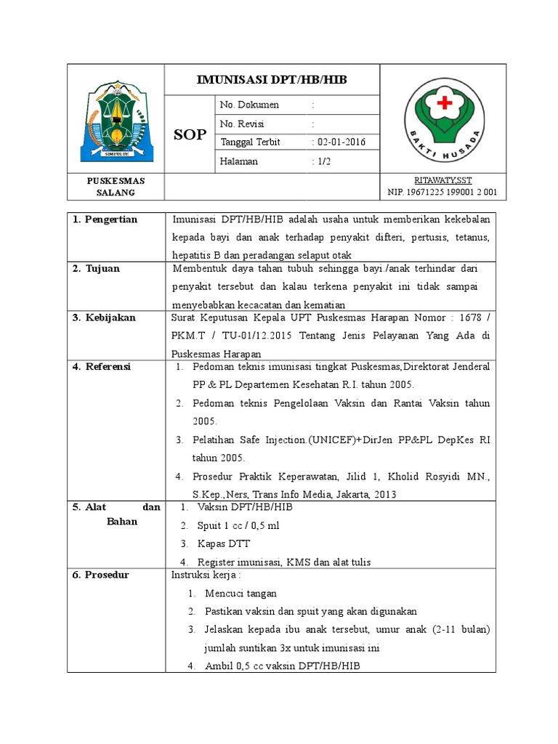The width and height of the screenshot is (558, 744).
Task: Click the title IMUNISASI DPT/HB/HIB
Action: pyautogui.click(x=272, y=79)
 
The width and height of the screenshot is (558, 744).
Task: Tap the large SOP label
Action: pyautogui.click(x=190, y=134)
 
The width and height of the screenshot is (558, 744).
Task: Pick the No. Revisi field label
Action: pyautogui.click(x=240, y=124)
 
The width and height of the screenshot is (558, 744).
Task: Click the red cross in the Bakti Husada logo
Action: pyautogui.click(x=443, y=104)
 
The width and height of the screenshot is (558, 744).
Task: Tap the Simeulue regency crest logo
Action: pyautogui.click(x=116, y=121)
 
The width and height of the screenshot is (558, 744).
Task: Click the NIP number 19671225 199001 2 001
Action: pyautogui.click(x=442, y=192)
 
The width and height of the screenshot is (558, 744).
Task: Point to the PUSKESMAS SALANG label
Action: pyautogui.click(x=116, y=186)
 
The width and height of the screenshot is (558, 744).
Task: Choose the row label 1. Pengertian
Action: pyautogui.click(x=105, y=219)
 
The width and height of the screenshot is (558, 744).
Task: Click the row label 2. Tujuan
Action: pyautogui.click(x=97, y=269)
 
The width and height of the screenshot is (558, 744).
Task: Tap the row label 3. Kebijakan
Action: pyautogui.click(x=105, y=318)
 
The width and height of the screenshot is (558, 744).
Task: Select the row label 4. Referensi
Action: pyautogui.click(x=102, y=367)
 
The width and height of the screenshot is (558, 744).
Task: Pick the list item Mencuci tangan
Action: pyautogui.click(x=240, y=594)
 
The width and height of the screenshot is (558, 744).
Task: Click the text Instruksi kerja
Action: pyautogui.click(x=200, y=575)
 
